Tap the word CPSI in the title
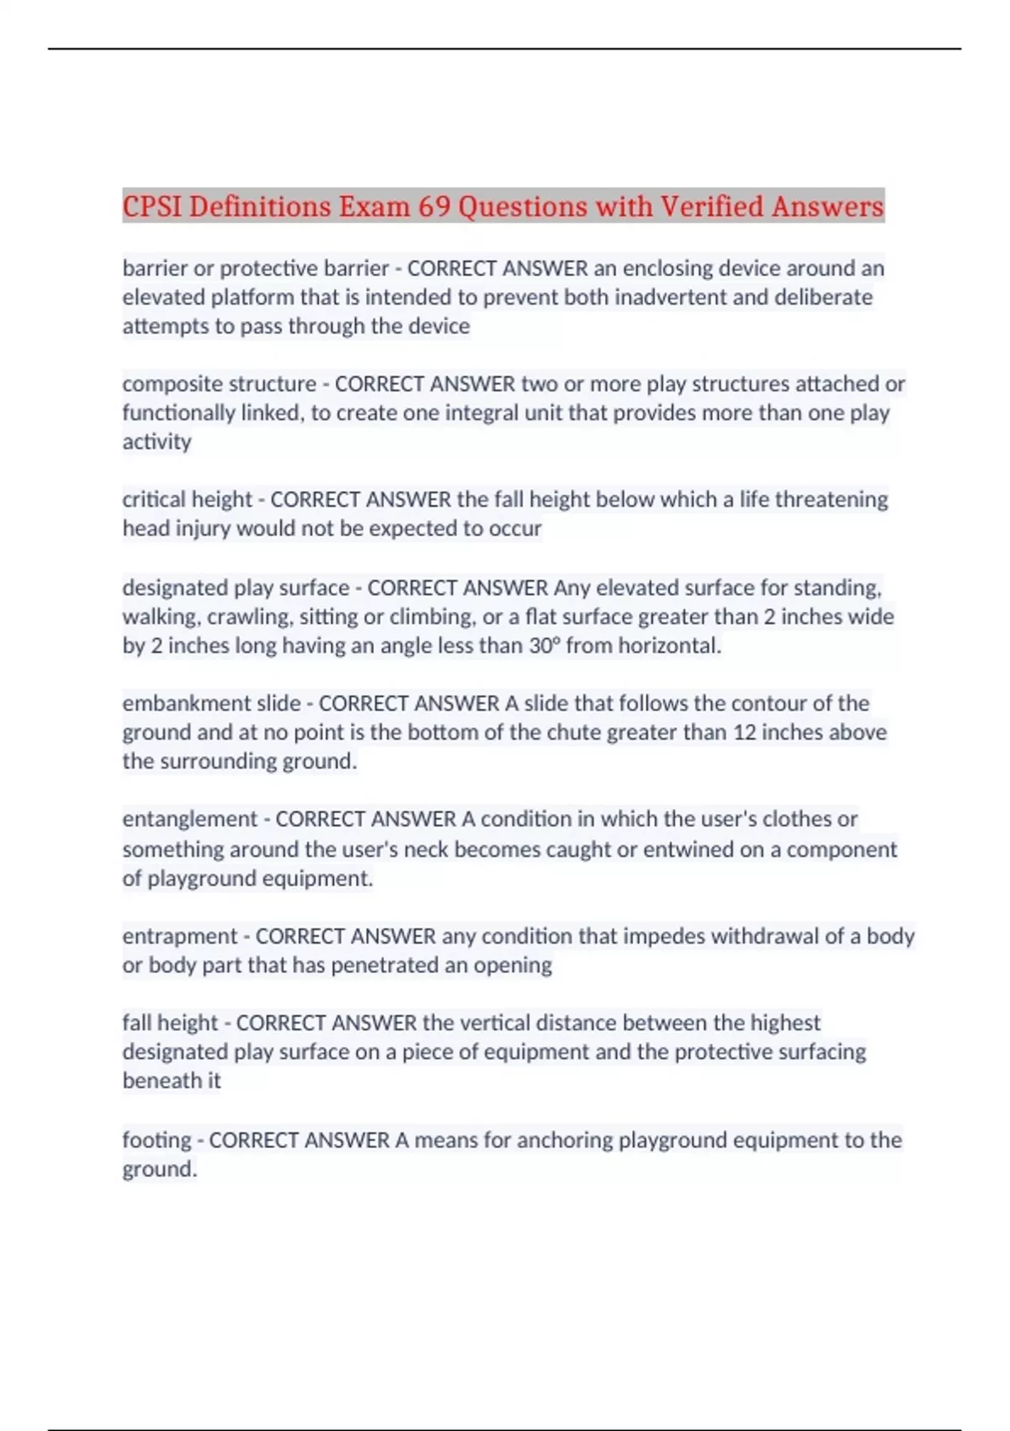[x=152, y=206]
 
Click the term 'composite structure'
[x=219, y=384]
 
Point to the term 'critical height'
[x=187, y=499]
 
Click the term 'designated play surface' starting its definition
[x=236, y=588]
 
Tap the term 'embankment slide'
[x=211, y=703]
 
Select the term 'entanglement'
[x=189, y=819]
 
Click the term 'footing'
[x=157, y=1140]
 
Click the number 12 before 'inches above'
[x=744, y=732]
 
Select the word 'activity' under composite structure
[x=157, y=442]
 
